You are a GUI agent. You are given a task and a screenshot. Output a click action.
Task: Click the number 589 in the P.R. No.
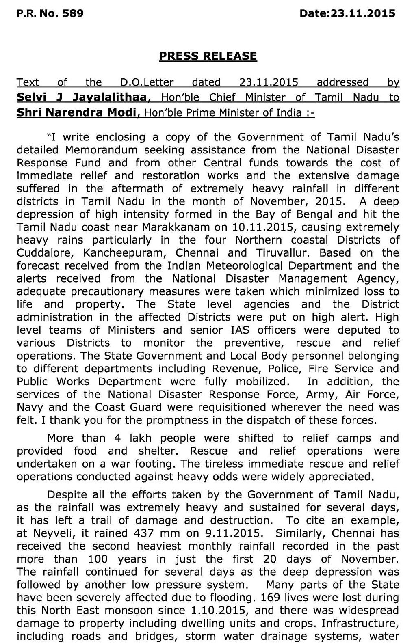73,13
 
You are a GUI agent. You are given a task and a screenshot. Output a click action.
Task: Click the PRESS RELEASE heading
208,56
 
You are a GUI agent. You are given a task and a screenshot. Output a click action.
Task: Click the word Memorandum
101,150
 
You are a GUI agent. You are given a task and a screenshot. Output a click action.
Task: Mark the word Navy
29,408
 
